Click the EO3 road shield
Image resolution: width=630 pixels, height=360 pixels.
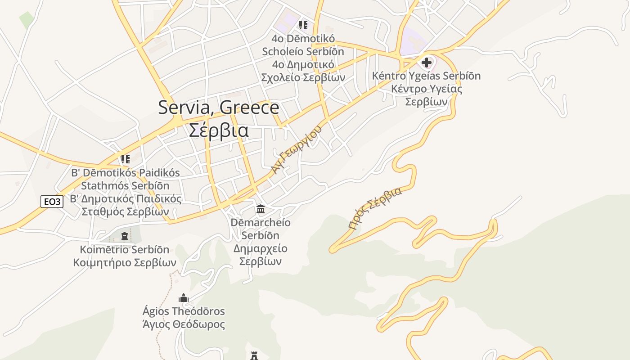52,202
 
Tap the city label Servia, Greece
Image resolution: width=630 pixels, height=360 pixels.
219,108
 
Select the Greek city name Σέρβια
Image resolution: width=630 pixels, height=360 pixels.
219,130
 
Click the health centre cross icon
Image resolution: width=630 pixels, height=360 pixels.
427,62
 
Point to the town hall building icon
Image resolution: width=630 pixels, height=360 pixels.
260,209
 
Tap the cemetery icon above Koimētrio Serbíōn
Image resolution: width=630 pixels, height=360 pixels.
125,236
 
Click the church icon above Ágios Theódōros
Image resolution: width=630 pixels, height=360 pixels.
183,298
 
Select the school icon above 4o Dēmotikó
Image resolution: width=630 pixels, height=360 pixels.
303,25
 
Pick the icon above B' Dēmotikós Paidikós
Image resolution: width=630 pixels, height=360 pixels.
125,159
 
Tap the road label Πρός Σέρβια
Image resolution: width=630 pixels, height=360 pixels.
375,208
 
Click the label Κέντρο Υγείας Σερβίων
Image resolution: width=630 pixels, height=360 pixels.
427,95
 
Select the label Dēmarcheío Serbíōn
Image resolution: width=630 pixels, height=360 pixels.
261,229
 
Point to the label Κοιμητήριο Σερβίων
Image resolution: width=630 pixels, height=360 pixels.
125,263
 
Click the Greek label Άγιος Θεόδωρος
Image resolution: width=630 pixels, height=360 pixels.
183,324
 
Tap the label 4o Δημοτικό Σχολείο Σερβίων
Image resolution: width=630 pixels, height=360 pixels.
303,71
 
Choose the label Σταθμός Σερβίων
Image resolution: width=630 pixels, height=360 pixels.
125,211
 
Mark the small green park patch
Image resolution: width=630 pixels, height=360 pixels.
27,19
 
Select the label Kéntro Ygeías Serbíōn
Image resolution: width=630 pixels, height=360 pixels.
427,76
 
